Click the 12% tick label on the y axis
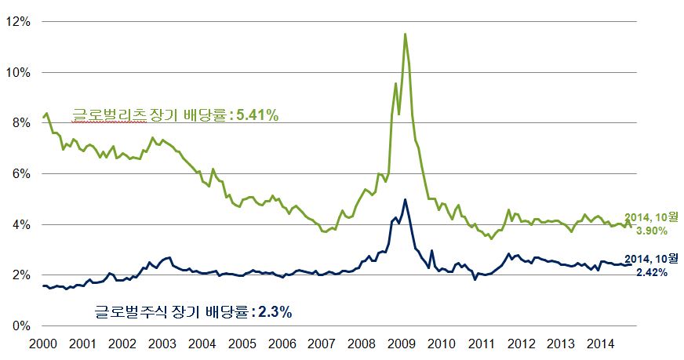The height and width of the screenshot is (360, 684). pos(18,21)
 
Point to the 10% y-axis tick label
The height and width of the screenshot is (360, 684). pos(18,72)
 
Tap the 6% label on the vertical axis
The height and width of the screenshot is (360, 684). pos(21,173)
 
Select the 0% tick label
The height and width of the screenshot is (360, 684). pos(21,326)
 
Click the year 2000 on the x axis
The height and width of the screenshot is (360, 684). pos(42,344)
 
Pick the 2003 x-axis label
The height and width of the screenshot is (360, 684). pos(162,344)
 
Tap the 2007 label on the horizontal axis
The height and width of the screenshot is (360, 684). pos(322,344)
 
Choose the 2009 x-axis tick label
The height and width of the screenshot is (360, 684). pos(402,344)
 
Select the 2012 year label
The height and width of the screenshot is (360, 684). pos(521,344)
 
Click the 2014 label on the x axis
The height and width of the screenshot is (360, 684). pos(600,344)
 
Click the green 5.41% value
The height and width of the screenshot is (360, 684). pos(257,115)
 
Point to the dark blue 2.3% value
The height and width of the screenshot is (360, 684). pos(275,312)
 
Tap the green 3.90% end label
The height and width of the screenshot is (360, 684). pos(652,231)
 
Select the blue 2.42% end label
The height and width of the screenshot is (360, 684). pos(652,273)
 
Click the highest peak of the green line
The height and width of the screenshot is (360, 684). pos(406,34)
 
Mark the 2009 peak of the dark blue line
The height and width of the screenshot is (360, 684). pos(406,199)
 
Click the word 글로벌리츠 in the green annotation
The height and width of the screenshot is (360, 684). pos(109,115)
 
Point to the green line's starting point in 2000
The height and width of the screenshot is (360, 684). pos(42,117)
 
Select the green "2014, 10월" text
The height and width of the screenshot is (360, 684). pos(651,218)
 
